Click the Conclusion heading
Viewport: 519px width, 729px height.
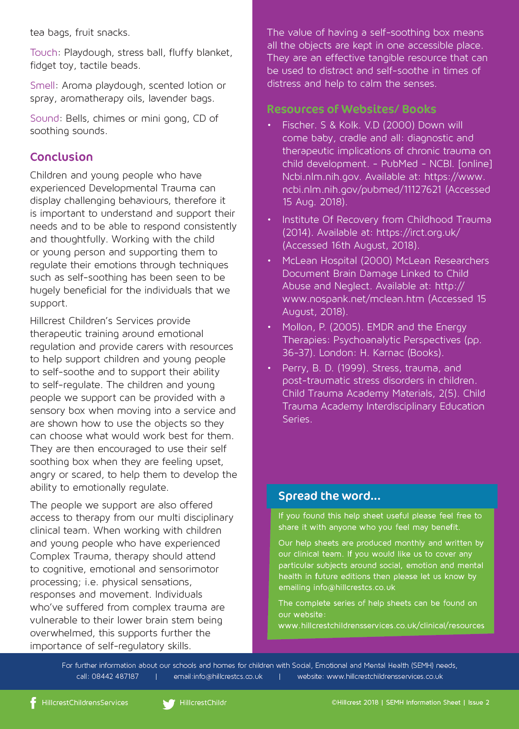pos(62,157)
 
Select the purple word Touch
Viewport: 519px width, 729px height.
pos(43,53)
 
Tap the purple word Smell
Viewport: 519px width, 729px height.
pos(42,85)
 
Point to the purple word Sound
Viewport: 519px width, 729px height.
pos(44,118)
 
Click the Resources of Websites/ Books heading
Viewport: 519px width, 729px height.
pos(351,109)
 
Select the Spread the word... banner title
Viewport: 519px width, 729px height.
pos(329,496)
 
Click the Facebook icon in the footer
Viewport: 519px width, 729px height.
pos(33,703)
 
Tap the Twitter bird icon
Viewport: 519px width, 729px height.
pos(169,704)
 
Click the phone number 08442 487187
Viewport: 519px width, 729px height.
pos(115,676)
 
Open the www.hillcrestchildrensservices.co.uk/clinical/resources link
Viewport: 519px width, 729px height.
pos(381,625)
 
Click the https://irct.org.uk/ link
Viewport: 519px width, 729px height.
pos(418,232)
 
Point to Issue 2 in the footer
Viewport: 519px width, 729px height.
pos(478,702)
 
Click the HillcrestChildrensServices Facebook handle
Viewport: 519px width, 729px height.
pos(85,703)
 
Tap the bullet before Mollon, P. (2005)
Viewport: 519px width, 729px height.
pos(270,327)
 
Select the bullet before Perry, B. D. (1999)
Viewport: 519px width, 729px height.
pos(270,368)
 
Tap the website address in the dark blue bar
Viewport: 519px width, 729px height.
pos(384,676)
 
